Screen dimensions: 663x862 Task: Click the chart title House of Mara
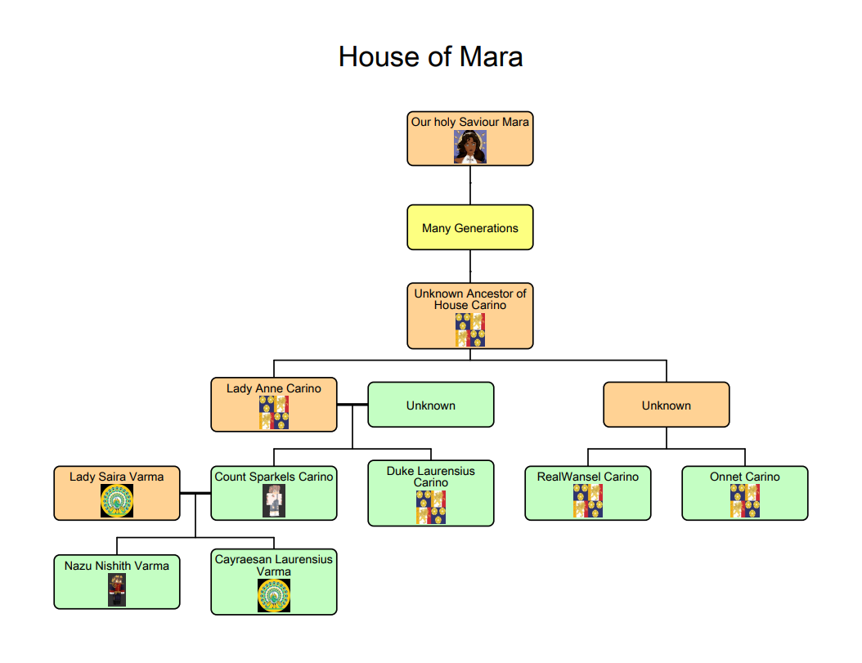pos(430,56)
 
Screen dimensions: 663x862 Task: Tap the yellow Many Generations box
pos(470,227)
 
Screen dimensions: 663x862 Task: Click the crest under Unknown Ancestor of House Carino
pos(470,329)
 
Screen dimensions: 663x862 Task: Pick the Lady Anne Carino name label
pos(274,388)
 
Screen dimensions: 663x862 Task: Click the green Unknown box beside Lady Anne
pos(431,405)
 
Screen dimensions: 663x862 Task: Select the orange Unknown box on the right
pos(667,405)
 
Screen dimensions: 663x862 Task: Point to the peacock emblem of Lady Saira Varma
pos(117,500)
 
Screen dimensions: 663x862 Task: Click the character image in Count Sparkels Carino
pos(274,500)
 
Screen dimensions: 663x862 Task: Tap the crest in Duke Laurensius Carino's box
pos(431,507)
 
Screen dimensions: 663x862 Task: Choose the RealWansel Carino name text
pos(588,477)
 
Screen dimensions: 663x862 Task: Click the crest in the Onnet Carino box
pos(745,500)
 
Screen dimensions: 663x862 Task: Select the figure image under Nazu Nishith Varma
pos(117,589)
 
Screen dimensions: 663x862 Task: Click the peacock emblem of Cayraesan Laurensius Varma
pos(274,595)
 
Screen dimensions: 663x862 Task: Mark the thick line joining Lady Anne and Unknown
pos(352,405)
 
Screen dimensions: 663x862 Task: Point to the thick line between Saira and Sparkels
pos(195,493)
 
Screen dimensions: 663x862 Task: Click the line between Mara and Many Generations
pos(470,185)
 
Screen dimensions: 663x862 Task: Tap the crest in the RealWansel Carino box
pos(588,500)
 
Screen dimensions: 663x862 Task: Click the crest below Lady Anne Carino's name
pos(274,412)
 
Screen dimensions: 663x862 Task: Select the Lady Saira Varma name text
pos(117,477)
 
